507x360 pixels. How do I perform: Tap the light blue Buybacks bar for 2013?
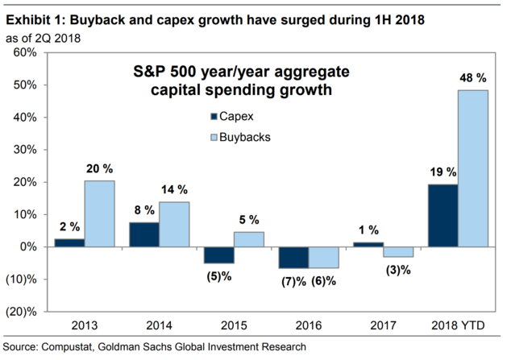(x=100, y=213)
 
